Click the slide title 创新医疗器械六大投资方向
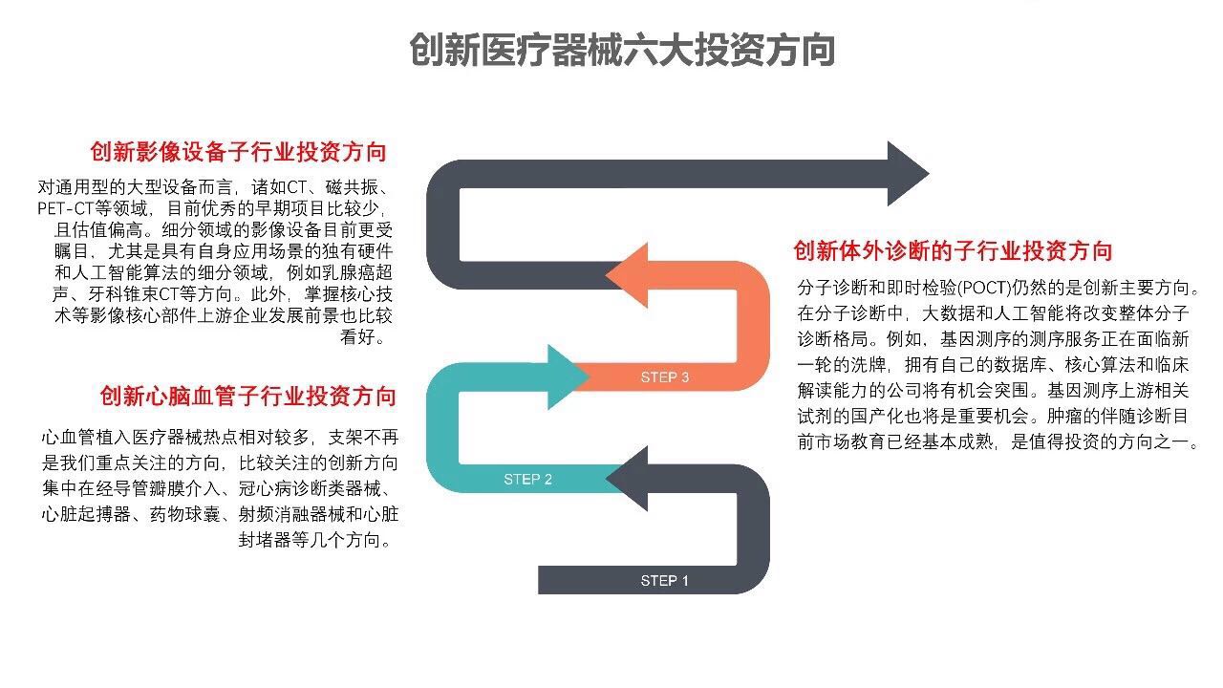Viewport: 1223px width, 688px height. click(x=622, y=50)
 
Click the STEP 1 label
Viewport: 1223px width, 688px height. click(x=664, y=580)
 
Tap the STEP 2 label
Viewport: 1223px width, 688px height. click(x=527, y=479)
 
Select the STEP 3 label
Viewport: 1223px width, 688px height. click(x=664, y=377)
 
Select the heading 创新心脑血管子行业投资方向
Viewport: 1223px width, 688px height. click(x=247, y=396)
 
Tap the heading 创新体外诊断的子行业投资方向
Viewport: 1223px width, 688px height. click(x=953, y=251)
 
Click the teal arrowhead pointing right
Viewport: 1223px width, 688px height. click(x=564, y=376)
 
